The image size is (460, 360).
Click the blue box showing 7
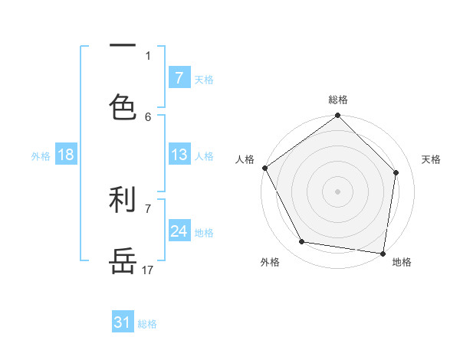pyautogui.click(x=179, y=77)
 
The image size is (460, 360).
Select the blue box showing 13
pyautogui.click(x=179, y=155)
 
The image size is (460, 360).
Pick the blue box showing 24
pyautogui.click(x=179, y=231)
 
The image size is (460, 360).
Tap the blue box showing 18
pyautogui.click(x=66, y=155)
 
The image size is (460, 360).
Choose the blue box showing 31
pyautogui.click(x=123, y=322)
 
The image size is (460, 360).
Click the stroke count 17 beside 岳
pyautogui.click(x=148, y=270)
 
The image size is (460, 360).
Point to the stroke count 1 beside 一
pyautogui.click(x=148, y=55)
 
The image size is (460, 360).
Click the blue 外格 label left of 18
pyautogui.click(x=41, y=155)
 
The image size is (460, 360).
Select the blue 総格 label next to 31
pyautogui.click(x=147, y=323)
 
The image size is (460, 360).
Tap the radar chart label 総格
pyautogui.click(x=338, y=100)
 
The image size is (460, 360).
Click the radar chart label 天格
pyautogui.click(x=431, y=159)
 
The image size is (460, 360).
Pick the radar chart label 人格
pyautogui.click(x=245, y=159)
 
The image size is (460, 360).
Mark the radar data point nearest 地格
pyautogui.click(x=383, y=253)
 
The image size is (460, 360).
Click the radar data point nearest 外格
pyautogui.click(x=302, y=242)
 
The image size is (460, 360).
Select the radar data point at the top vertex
pyautogui.click(x=338, y=116)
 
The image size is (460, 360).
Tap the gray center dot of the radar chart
pyautogui.click(x=338, y=191)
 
